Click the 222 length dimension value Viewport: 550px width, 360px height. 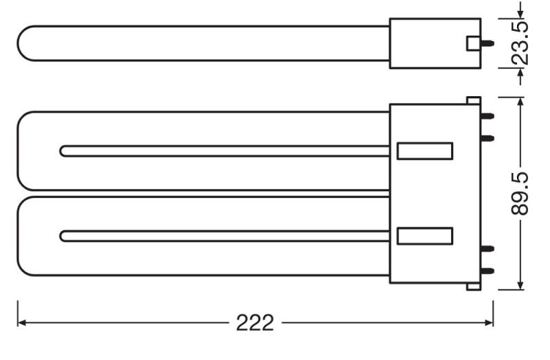(255, 323)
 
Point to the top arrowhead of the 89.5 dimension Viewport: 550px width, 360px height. (520, 102)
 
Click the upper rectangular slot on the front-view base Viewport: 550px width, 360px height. (425, 151)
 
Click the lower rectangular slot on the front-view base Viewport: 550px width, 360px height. (425, 236)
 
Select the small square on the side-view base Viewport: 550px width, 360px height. (473, 43)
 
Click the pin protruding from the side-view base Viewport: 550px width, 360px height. (489, 43)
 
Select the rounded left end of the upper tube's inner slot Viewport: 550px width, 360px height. (64, 151)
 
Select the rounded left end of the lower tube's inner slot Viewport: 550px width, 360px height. (64, 236)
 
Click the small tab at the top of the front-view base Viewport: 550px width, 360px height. (473, 100)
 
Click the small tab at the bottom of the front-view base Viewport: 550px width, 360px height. (473, 286)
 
